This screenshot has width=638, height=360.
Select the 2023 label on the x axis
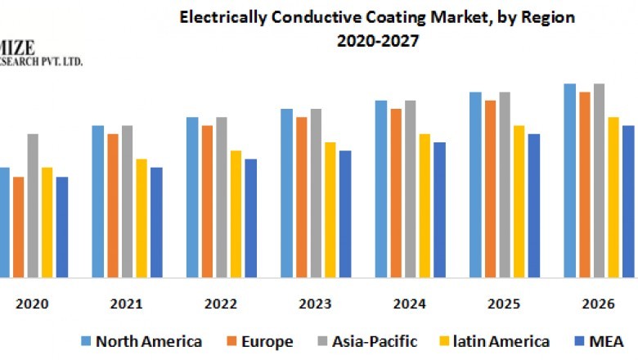coord(315,304)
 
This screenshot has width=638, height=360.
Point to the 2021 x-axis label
coord(127,304)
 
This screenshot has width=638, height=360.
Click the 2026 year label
coord(598,304)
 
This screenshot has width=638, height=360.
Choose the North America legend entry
coord(148,341)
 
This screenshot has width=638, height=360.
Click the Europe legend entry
coord(265,341)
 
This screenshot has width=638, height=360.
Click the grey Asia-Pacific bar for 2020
coord(33,205)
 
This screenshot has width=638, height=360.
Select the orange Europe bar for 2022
coord(208,201)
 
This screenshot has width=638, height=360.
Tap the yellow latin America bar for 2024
coord(425,205)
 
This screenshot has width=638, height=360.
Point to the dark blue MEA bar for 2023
coord(345,214)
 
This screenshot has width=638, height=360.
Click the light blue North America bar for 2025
coord(475,184)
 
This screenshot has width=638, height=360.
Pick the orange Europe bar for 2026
coord(585,184)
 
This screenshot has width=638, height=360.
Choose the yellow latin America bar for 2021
coord(142,218)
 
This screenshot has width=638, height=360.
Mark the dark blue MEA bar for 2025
coord(534,205)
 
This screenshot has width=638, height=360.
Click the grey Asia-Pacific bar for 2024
coord(410,188)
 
